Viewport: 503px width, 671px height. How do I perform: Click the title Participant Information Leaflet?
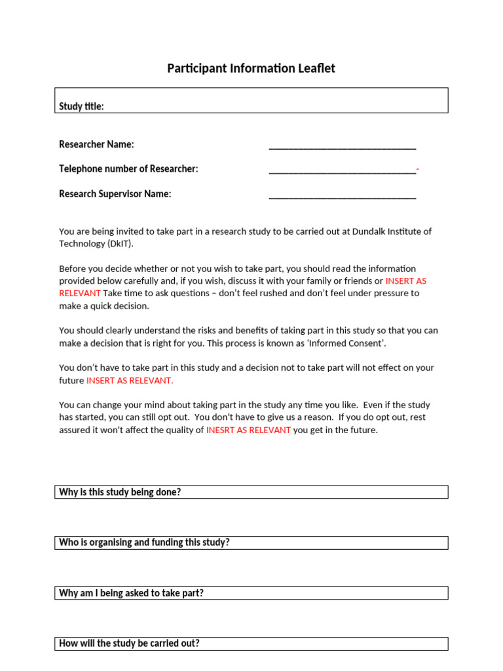pos(251,68)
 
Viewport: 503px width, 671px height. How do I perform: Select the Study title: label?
pos(81,106)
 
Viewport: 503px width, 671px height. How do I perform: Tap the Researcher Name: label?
pos(96,144)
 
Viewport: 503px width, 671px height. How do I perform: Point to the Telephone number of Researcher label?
pos(128,169)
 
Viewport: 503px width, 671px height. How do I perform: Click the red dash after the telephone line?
pos(418,170)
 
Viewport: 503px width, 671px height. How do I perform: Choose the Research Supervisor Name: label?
pos(115,194)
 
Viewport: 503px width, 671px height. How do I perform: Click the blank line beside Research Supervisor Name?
pos(342,196)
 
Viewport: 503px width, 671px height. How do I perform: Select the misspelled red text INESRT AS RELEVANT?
pos(248,431)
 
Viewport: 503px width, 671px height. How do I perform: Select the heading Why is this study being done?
pos(120,492)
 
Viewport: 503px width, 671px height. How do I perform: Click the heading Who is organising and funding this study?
pos(144,543)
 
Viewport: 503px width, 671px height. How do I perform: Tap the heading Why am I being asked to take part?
pos(131,593)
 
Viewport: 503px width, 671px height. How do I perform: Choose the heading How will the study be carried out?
pos(129,643)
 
